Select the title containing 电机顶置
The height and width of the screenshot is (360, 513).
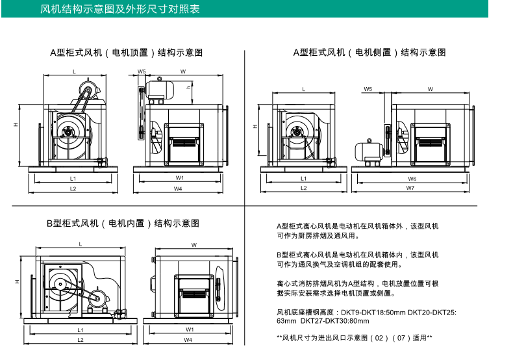point(127,53)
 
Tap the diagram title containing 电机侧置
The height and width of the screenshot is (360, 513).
point(369,53)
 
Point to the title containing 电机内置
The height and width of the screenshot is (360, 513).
point(123,224)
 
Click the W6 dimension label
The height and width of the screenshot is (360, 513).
point(412,177)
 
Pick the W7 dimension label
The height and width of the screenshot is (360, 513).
point(410,188)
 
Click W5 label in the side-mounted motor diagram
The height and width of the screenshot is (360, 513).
point(368,89)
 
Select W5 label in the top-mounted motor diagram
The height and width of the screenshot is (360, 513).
point(141,71)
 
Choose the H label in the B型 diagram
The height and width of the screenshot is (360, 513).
point(16,282)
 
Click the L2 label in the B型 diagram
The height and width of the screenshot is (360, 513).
point(81,340)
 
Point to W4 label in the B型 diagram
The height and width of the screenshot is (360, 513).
point(188,340)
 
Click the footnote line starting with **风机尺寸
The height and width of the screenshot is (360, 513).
point(354,338)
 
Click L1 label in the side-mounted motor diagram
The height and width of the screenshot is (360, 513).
point(303,177)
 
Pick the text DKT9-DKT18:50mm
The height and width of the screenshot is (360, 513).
point(366,312)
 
